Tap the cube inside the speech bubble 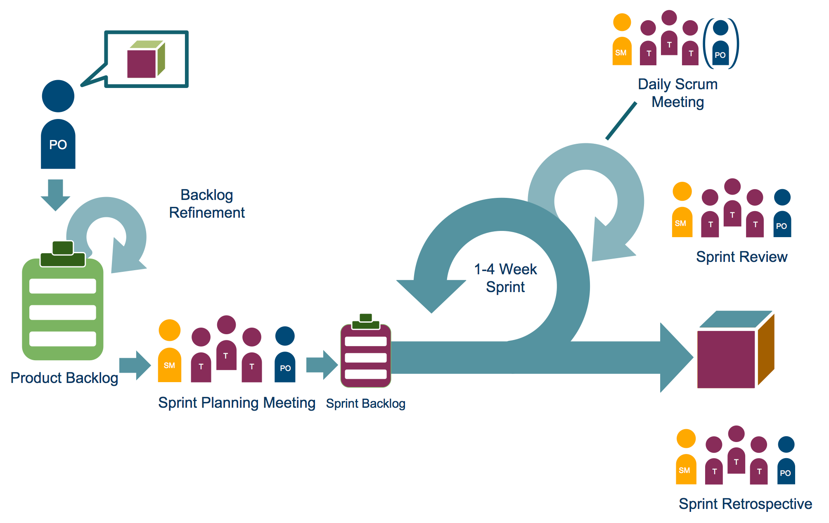click(x=145, y=60)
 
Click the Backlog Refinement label click(x=207, y=204)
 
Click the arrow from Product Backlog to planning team click(x=135, y=365)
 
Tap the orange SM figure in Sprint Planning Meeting click(x=170, y=355)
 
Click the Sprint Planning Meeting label click(x=237, y=402)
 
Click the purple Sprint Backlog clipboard click(x=366, y=355)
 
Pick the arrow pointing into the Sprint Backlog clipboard click(x=322, y=365)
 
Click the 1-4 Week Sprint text click(x=505, y=278)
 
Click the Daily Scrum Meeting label click(x=677, y=93)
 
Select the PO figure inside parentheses click(x=720, y=45)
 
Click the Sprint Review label click(x=741, y=257)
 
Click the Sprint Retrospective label click(x=745, y=504)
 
